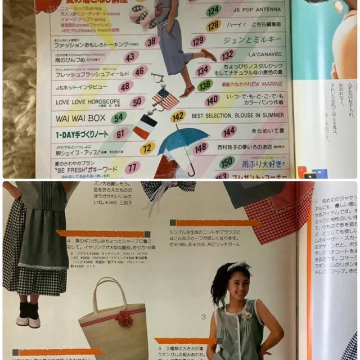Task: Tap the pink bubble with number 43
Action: click(131, 56)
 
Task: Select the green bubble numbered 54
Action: click(118, 118)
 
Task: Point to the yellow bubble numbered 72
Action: click(147, 148)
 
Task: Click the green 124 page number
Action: click(213, 11)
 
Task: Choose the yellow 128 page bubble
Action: click(213, 25)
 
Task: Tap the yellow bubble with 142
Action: click(178, 116)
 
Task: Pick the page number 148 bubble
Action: click(201, 147)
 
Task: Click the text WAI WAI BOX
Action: click(80, 118)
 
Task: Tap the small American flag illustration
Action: click(165, 98)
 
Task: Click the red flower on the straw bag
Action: click(124, 318)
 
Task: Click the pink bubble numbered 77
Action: click(133, 167)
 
